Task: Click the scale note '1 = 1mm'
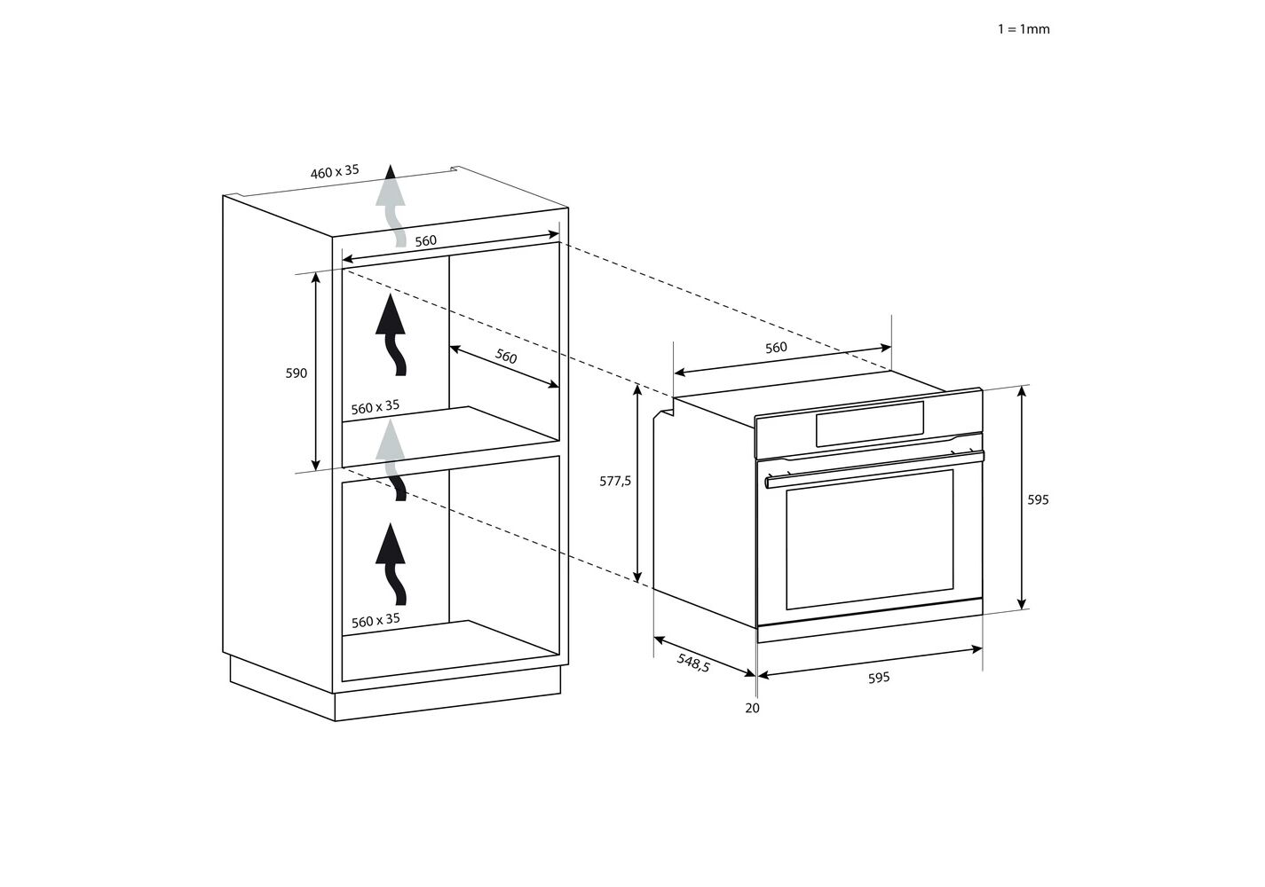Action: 1024,28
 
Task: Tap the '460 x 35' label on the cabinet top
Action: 335,171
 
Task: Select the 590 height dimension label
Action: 296,373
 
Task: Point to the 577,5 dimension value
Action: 615,482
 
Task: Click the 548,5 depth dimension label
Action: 693,663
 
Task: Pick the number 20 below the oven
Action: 752,708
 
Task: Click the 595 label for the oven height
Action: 1038,499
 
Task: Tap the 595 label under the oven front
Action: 879,678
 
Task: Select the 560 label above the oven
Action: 776,348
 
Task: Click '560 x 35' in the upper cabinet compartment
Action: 375,407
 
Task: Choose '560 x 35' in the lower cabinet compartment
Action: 376,620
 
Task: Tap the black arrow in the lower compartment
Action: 391,563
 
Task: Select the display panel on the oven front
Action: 870,424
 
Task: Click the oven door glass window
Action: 870,539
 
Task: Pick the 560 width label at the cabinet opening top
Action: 426,241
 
